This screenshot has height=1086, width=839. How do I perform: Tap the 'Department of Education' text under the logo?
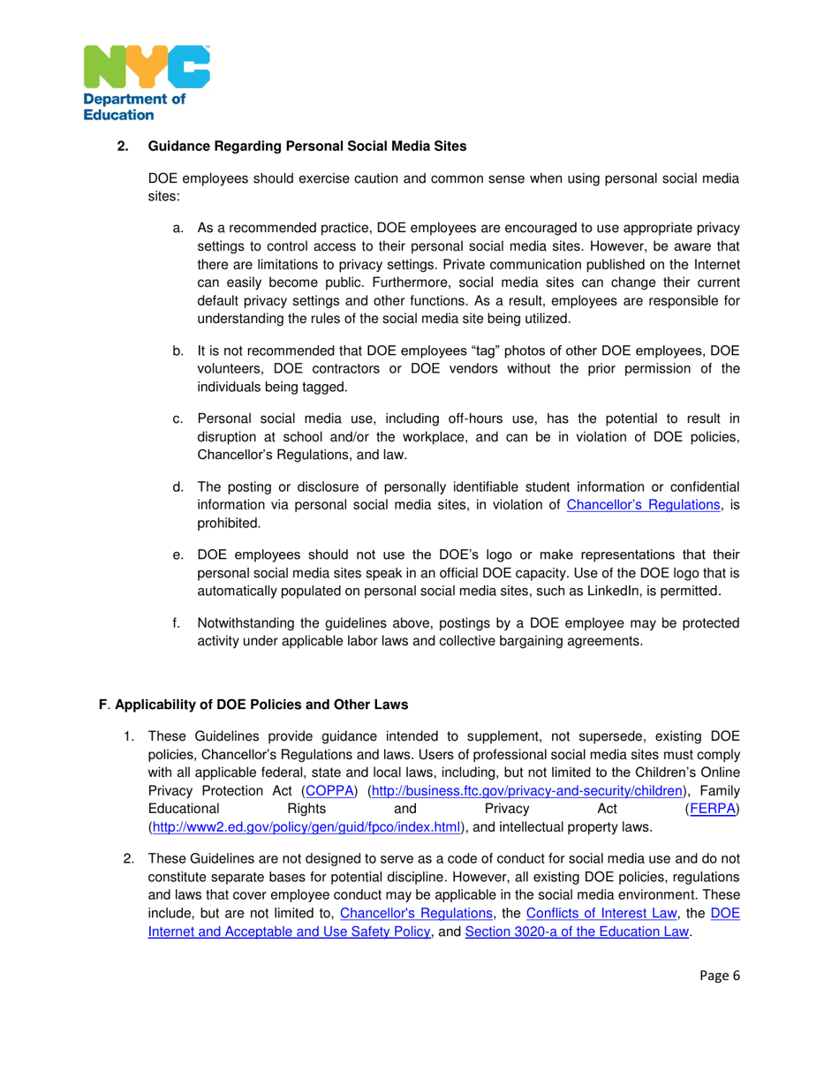click(134, 107)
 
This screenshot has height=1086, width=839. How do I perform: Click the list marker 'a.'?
click(178, 228)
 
